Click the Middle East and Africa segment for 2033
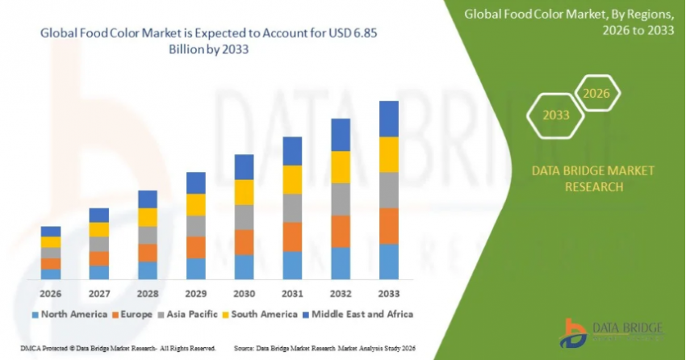point(389,119)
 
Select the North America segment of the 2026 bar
point(51,274)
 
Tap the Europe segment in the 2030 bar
point(244,242)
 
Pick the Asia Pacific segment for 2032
point(341,199)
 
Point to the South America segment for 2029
point(196,204)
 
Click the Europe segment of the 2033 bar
point(389,226)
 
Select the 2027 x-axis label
point(99,293)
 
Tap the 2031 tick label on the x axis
point(292,293)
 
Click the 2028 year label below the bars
point(148,293)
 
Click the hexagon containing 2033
point(555,115)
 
